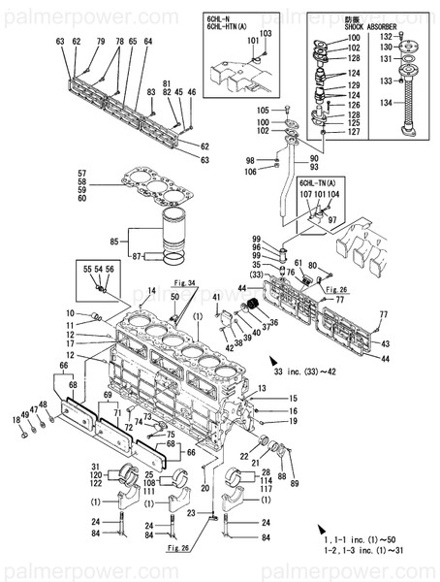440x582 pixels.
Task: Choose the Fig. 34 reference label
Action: click(185, 282)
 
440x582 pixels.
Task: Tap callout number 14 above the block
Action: click(151, 290)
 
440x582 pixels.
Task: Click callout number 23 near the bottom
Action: click(193, 513)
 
